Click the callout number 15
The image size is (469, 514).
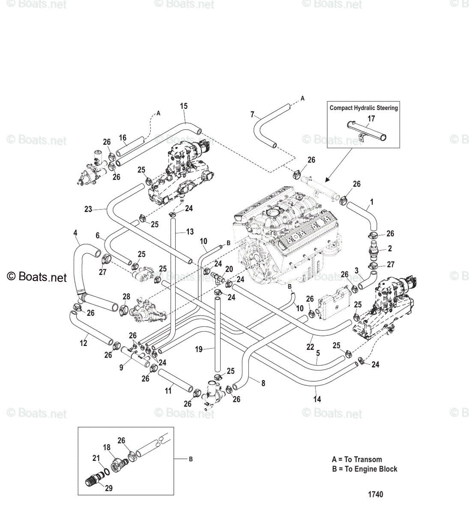184,106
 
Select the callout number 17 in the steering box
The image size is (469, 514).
371,119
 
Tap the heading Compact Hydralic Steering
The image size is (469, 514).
364,108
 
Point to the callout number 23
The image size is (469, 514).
88,209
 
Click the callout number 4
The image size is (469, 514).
75,233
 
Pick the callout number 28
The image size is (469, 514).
126,297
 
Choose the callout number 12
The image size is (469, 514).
84,343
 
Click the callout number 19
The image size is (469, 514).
199,350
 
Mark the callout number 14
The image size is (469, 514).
317,399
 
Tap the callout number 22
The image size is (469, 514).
310,347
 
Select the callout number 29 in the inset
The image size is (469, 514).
109,488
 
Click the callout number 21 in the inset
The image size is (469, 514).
96,458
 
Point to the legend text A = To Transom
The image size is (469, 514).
357,460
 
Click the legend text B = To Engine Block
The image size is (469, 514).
364,469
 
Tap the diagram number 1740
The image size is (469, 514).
376,494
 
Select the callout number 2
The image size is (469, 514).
390,248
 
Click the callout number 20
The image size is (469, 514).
229,269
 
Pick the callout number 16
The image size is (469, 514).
122,137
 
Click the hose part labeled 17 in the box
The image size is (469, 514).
367,133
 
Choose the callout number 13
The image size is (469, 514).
190,232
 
